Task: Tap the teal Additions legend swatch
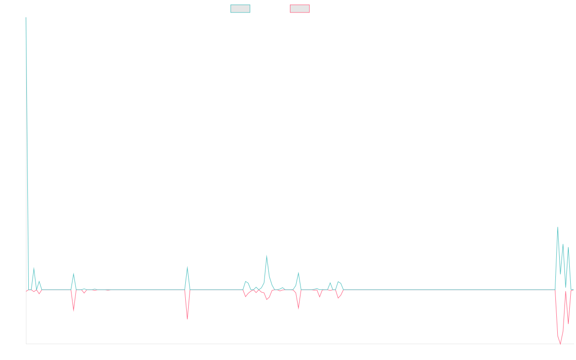[240, 9]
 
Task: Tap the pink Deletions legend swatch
[300, 9]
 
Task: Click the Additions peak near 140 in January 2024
[266, 256]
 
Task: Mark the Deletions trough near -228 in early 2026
[560, 343]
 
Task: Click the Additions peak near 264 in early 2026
[557, 227]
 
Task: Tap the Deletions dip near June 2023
[187, 319]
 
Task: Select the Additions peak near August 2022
[73, 274]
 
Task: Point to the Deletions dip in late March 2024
[298, 309]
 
